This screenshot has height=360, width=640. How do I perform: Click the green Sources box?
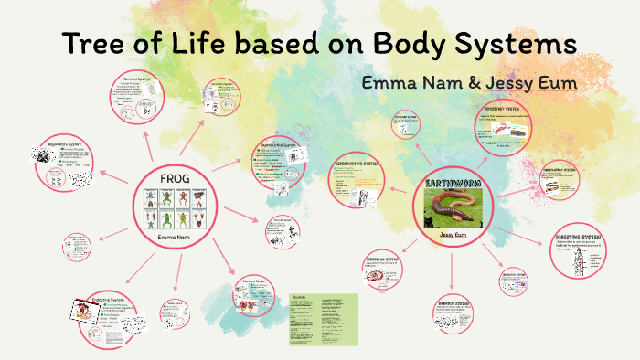click(325, 319)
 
